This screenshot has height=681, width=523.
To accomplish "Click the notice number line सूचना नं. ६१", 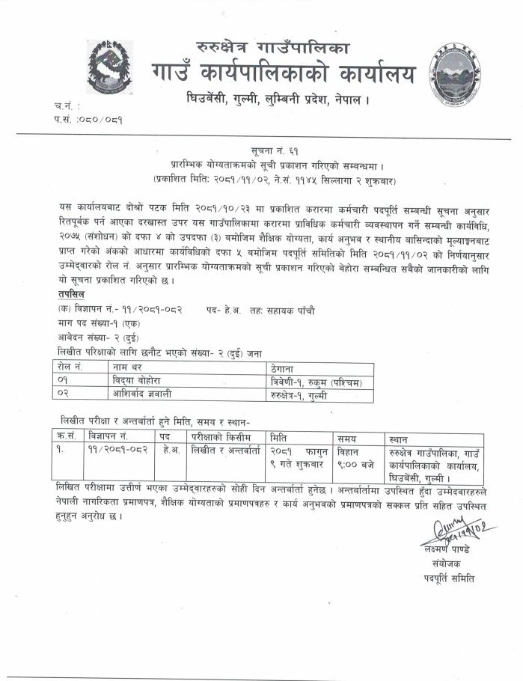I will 263,151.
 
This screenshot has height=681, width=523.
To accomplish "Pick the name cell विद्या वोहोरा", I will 136,382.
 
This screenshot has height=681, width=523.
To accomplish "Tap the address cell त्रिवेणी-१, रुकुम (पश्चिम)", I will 316,382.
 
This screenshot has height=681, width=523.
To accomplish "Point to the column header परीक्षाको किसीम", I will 223,436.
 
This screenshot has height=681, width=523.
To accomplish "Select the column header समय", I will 346,437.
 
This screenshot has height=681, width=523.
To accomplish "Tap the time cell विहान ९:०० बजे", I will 355,457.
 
